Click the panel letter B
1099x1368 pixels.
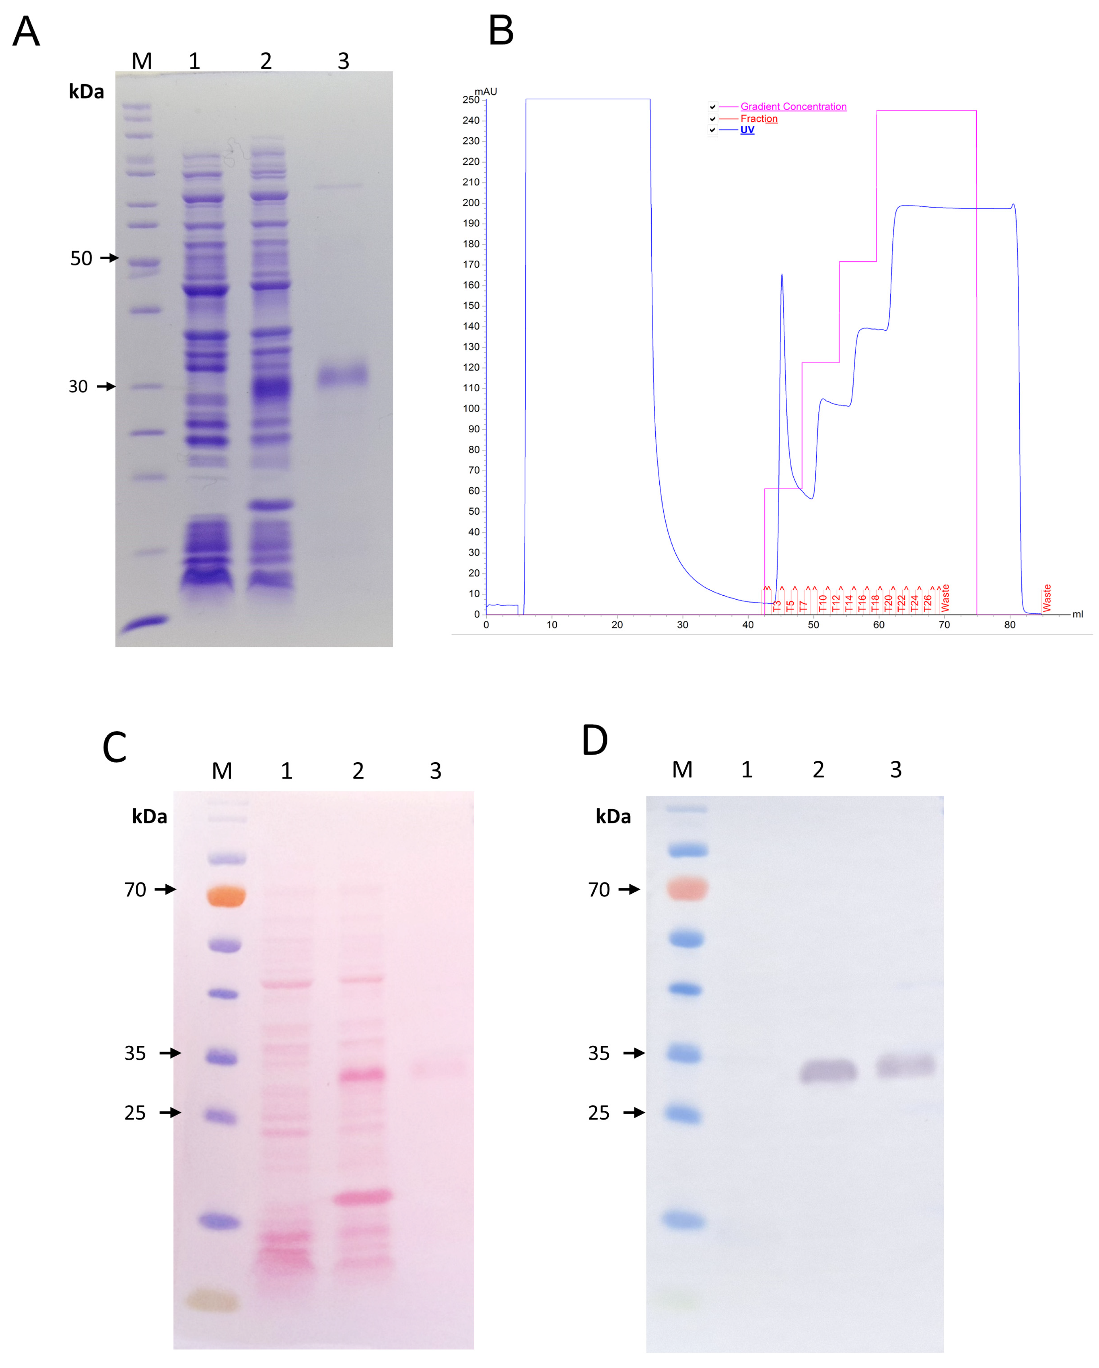[x=501, y=31]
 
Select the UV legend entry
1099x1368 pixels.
[x=747, y=130]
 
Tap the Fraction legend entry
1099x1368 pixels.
[x=758, y=119]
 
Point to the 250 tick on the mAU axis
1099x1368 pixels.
[x=471, y=100]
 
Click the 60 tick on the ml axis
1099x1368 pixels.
[x=878, y=625]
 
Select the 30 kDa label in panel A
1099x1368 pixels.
[x=78, y=386]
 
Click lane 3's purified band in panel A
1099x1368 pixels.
[x=342, y=376]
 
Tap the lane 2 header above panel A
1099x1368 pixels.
[x=266, y=61]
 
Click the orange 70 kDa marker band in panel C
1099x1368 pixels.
[x=226, y=897]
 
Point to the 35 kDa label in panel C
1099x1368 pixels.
[x=135, y=1053]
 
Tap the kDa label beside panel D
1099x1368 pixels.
[x=613, y=816]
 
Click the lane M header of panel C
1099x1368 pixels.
[x=222, y=771]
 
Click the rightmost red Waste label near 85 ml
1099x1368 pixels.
[x=1047, y=598]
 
